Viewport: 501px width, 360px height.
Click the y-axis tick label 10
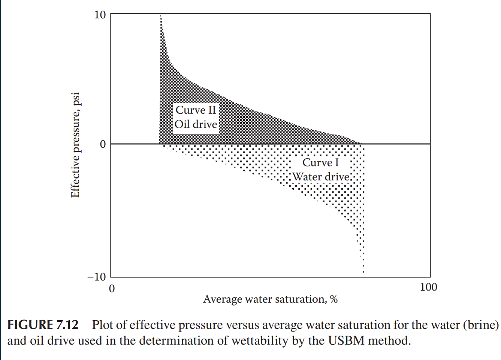(100, 15)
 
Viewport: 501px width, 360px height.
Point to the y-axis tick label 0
(103, 144)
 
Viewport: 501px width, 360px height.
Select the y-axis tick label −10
(97, 277)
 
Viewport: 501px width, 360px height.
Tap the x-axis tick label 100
(428, 287)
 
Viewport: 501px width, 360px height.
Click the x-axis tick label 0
(112, 288)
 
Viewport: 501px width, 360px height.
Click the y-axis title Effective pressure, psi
(75, 145)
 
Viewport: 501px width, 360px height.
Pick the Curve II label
(196, 110)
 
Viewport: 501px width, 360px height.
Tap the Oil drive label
(196, 124)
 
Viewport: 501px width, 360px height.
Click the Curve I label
(320, 162)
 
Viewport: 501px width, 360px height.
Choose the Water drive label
(321, 177)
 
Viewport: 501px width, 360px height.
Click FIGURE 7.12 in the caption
(43, 325)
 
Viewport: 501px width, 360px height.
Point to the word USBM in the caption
(346, 341)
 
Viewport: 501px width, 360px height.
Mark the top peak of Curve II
(161, 16)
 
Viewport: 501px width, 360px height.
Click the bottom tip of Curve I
(363, 272)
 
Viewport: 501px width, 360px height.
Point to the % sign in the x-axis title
(334, 299)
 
